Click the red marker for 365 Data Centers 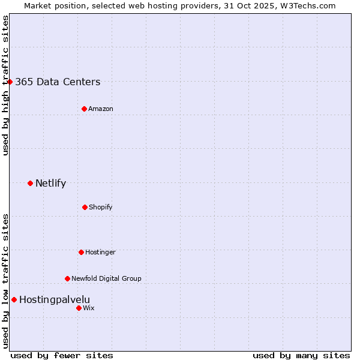[x=10, y=82]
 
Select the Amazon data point [x=84, y=109]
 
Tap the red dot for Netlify [x=30, y=183]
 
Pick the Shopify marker [x=85, y=207]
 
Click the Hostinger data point [x=81, y=252]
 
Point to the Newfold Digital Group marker [x=67, y=278]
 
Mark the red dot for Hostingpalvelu [x=14, y=299]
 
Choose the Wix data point [x=79, y=308]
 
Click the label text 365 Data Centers [x=58, y=82]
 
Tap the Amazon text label [x=101, y=109]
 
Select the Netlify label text [x=50, y=184]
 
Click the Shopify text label [x=101, y=207]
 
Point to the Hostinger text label [x=100, y=252]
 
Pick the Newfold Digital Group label [x=106, y=278]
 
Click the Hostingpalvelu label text [x=55, y=300]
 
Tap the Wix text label [x=88, y=308]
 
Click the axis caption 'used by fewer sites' [x=62, y=355]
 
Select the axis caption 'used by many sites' [x=301, y=355]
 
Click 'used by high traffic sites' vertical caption [x=5, y=85]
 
